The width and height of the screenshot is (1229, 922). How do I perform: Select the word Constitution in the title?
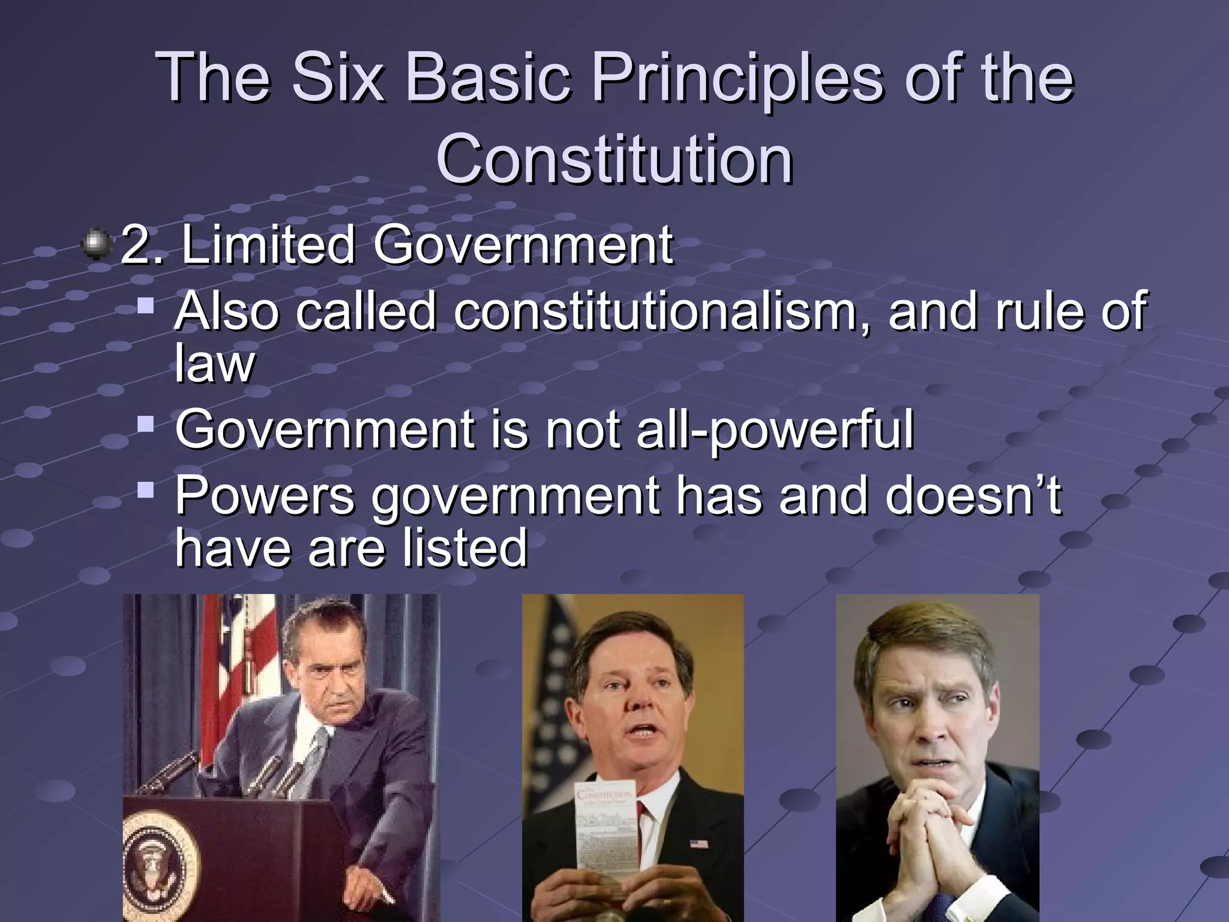pyautogui.click(x=614, y=160)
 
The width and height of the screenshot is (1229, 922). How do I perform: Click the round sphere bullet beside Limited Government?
pyautogui.click(x=97, y=244)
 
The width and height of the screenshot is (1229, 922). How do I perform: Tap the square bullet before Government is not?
pyautogui.click(x=145, y=425)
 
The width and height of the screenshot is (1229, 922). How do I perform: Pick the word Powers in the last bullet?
pyautogui.click(x=265, y=496)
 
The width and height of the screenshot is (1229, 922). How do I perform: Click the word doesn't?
pyautogui.click(x=972, y=496)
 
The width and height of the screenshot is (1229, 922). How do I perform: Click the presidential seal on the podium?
pyautogui.click(x=159, y=864)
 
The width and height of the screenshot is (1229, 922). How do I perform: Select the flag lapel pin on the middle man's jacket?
pyautogui.click(x=698, y=845)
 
